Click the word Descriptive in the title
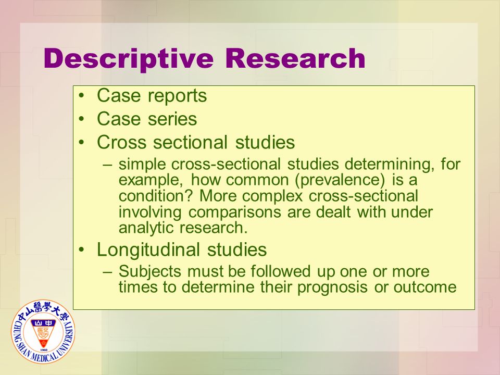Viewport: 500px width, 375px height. pos(128,59)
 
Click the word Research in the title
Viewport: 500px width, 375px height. pos(295,58)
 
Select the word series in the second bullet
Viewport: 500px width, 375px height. pos(172,119)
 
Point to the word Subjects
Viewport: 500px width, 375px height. pos(150,272)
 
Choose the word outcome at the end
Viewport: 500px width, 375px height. pos(425,287)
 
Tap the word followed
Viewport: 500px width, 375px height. pos(280,271)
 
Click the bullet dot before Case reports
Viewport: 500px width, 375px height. pos(82,96)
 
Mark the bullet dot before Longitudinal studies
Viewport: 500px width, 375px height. pos(82,249)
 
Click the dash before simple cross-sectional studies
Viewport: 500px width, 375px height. pos(108,165)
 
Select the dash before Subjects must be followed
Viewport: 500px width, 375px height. pos(108,272)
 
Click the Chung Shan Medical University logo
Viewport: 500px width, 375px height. pos(43,332)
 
